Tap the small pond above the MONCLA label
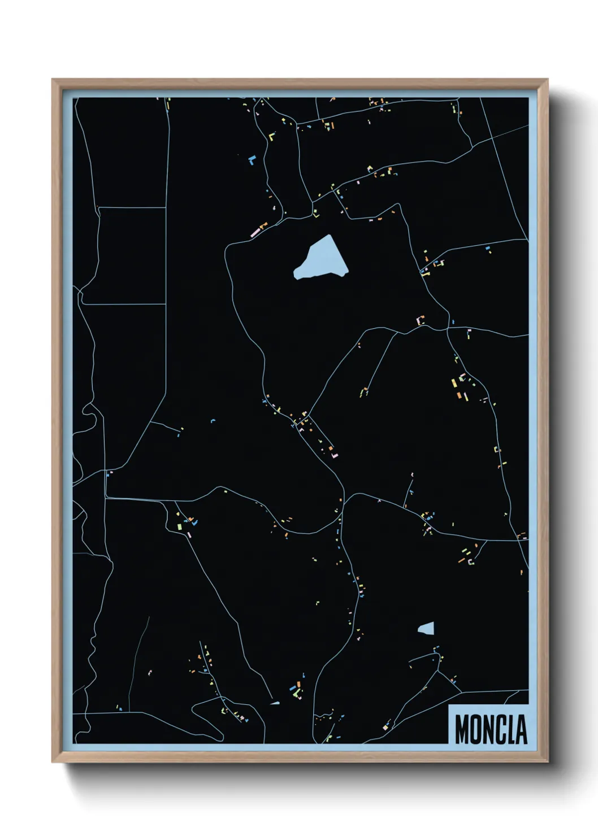(x=427, y=628)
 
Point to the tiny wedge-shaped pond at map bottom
(x=275, y=703)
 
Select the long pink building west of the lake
(x=255, y=232)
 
